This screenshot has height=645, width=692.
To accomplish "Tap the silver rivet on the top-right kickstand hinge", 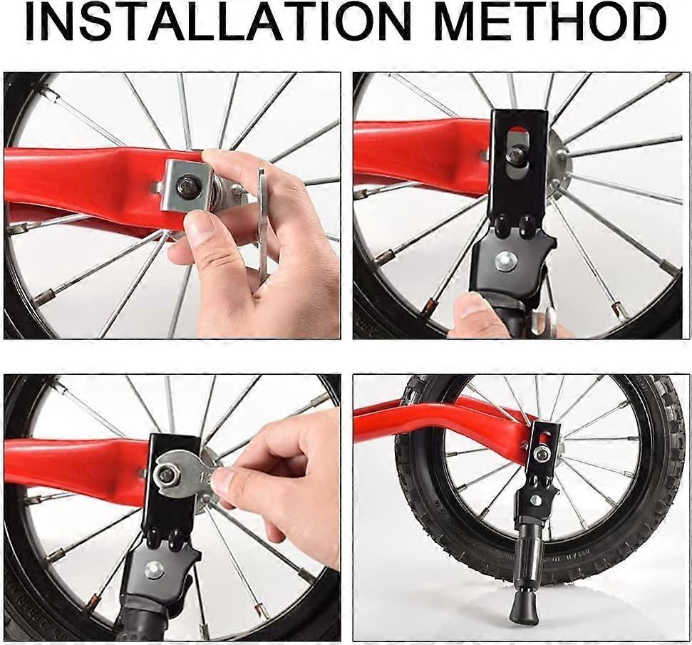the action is tap(505, 262).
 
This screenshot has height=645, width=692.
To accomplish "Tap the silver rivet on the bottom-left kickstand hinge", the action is tap(154, 570).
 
